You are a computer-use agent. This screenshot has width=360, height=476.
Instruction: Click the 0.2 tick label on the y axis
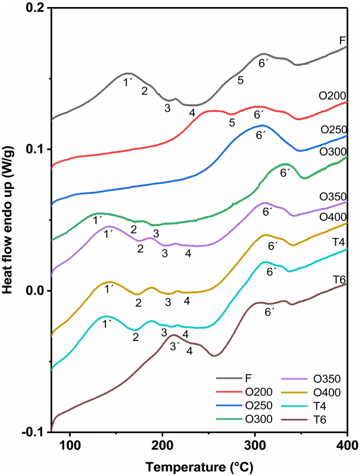point(37,8)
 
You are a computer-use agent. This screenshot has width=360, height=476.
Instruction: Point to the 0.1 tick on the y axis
point(37,149)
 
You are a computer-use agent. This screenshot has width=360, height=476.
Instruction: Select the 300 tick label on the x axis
point(255,447)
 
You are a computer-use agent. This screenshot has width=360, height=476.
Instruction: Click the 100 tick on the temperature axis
point(70,447)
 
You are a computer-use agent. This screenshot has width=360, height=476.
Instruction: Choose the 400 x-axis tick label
point(346,447)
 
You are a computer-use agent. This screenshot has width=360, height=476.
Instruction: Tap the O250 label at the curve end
point(332,129)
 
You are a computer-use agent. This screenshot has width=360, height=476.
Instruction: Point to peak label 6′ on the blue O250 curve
point(262,135)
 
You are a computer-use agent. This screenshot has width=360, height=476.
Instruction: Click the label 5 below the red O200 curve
point(232,122)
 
